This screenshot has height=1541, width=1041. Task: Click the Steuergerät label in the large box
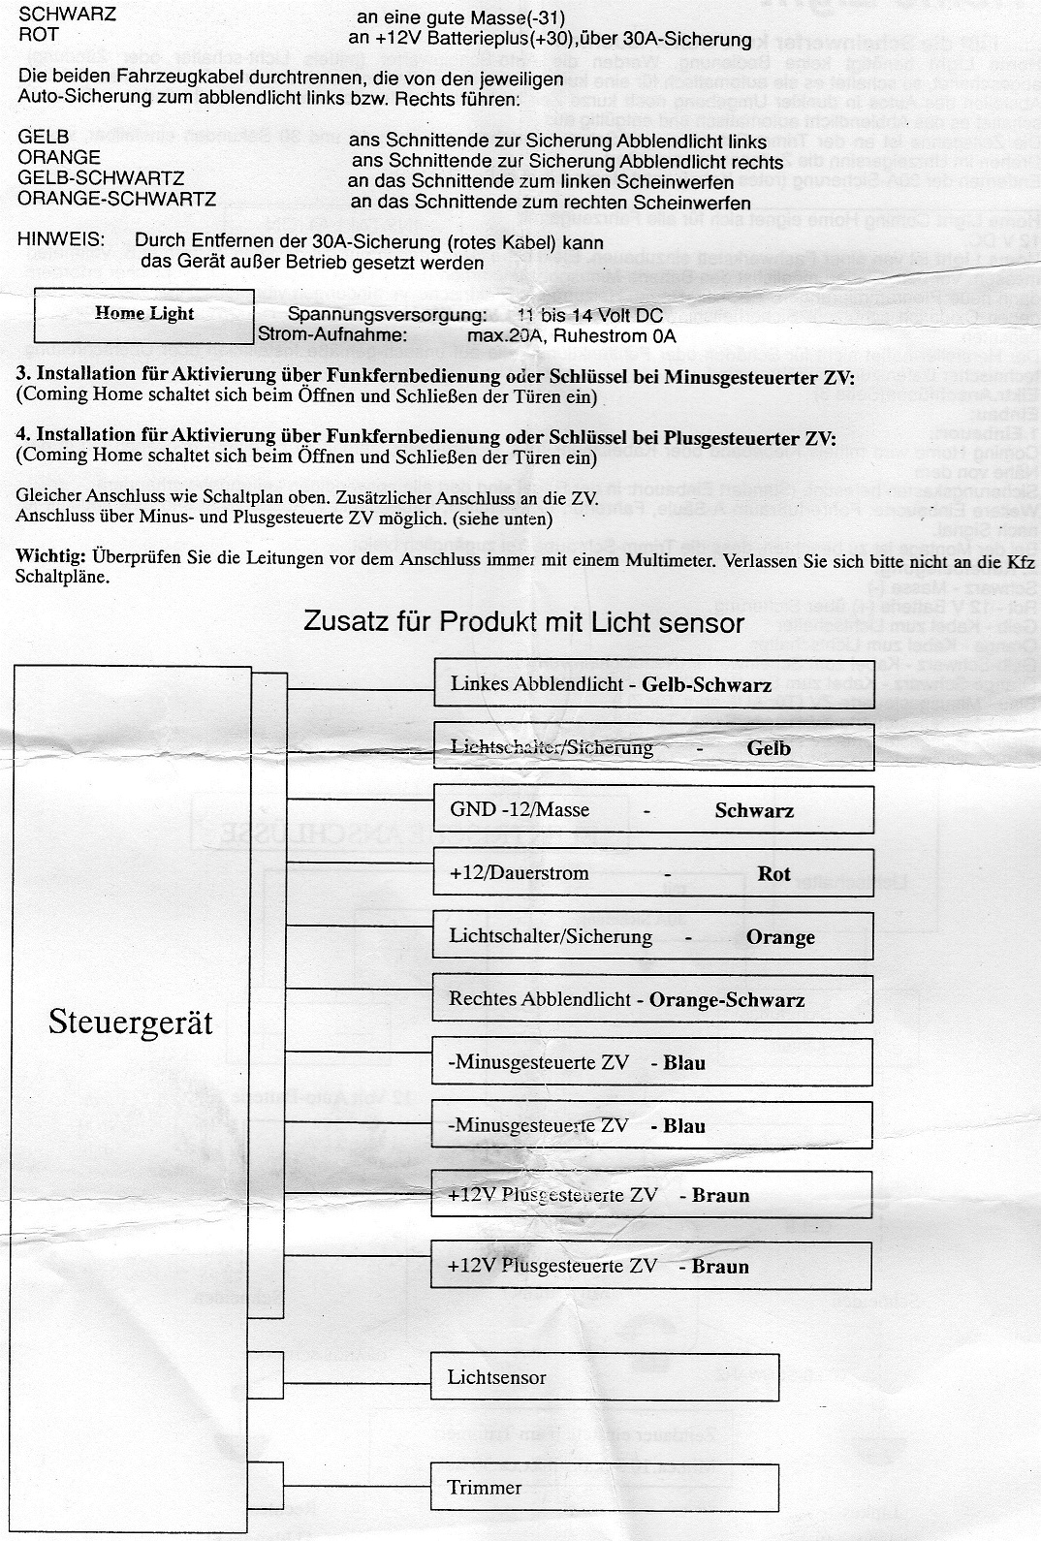[131, 1022]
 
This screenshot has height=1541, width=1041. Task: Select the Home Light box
[144, 315]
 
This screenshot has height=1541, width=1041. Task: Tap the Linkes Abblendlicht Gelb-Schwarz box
[652, 685]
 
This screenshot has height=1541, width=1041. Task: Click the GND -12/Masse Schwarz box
[652, 810]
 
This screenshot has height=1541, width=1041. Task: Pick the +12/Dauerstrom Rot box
[652, 873]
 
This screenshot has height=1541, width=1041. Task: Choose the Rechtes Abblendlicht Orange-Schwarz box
[652, 999]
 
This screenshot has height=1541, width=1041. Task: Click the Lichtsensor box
[604, 1377]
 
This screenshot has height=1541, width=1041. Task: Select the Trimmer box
[604, 1488]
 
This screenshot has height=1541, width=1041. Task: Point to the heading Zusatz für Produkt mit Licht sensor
[523, 622]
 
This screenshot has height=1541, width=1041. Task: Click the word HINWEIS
[61, 240]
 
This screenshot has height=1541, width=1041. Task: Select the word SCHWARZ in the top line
[67, 15]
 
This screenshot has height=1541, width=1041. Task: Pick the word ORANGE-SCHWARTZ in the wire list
[116, 200]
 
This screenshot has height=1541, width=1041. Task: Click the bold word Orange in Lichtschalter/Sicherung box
[780, 937]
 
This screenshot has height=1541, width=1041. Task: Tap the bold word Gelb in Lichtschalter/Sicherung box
[769, 748]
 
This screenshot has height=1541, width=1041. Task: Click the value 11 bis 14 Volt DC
[590, 315]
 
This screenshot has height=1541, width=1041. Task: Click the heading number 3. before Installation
[24, 376]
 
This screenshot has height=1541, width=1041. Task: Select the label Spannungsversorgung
[387, 315]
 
